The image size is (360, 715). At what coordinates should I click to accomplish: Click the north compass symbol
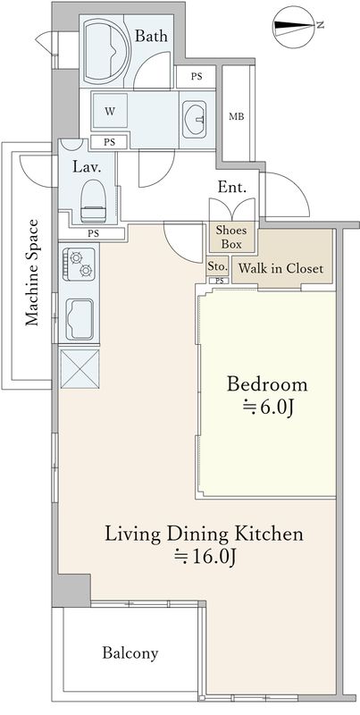tap(297, 27)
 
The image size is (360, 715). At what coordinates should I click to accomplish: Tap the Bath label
tap(151, 36)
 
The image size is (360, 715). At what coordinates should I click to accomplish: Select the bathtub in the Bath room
tap(106, 51)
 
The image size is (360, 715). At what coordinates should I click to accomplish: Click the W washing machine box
tap(109, 111)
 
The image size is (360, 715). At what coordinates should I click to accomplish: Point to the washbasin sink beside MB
tap(195, 119)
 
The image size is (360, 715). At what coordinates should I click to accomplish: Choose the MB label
tap(236, 116)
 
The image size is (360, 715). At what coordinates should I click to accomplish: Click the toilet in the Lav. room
tap(93, 200)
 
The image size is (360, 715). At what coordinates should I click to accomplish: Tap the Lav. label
tap(87, 166)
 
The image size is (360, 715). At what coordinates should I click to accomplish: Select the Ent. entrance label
tap(232, 187)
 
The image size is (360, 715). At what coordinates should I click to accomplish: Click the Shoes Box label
tap(231, 237)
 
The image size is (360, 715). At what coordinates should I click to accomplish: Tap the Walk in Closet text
tap(280, 268)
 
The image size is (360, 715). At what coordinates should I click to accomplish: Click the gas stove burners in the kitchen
tap(80, 265)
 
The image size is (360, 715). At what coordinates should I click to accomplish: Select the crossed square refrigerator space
tap(80, 369)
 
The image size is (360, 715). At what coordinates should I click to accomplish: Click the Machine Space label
tap(31, 273)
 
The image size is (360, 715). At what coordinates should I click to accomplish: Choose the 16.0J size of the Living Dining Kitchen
tap(205, 557)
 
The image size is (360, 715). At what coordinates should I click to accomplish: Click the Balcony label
tap(130, 653)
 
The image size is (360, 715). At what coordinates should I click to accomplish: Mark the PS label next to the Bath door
tap(197, 77)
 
